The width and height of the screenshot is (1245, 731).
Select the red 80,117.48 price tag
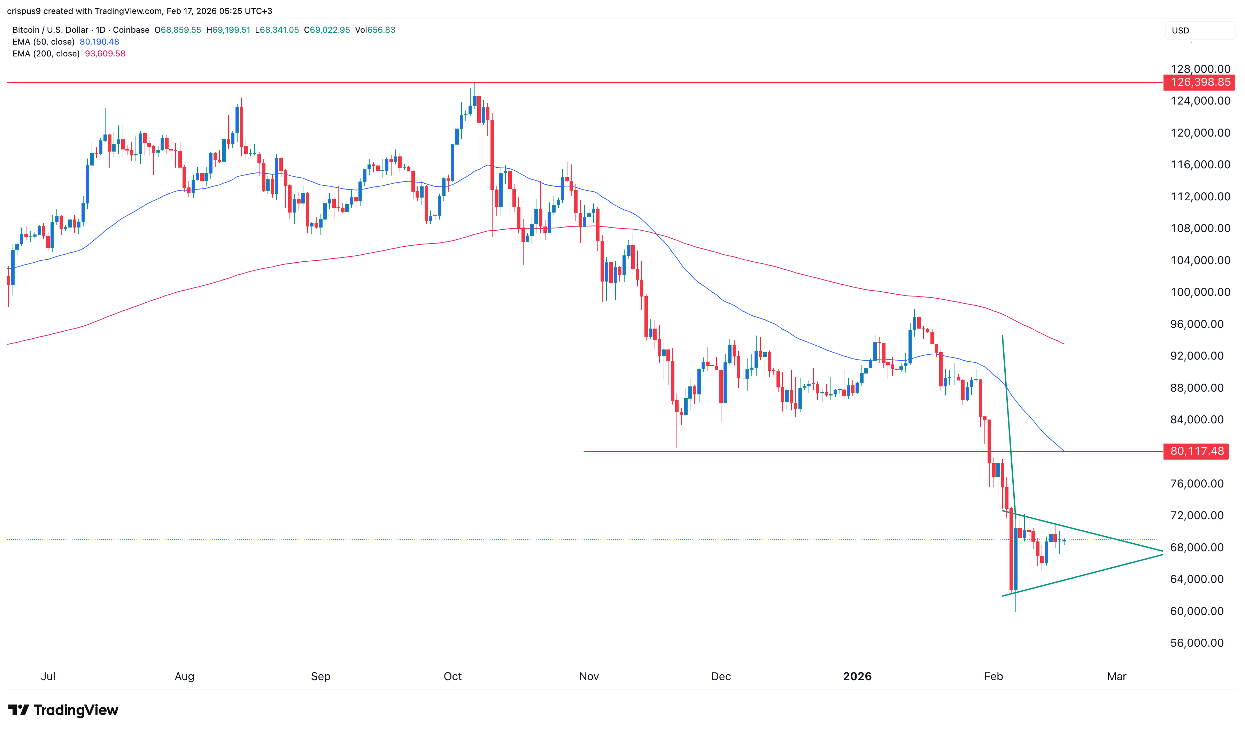[x=1196, y=451]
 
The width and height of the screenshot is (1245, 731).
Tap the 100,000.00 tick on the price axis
[x=1200, y=292]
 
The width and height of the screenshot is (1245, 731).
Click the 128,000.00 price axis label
[x=1200, y=69]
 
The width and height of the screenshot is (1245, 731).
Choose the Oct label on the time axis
[x=453, y=676]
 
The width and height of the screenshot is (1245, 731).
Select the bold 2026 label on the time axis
[x=857, y=676]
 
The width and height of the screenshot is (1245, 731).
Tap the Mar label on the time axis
[x=1116, y=676]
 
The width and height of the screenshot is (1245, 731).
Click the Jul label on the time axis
[x=48, y=676]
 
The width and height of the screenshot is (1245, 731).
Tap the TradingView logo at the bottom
[x=63, y=710]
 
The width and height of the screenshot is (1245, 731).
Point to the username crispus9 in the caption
[x=24, y=11]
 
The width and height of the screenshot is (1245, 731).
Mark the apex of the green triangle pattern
[x=1162, y=553]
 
